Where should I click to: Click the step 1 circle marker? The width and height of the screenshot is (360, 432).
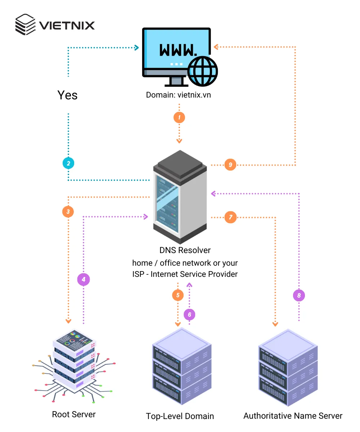[179, 117]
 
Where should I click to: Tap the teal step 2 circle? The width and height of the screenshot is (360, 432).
[68, 163]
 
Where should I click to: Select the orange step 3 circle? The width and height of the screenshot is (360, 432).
[68, 211]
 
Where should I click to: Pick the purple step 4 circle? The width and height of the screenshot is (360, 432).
[84, 279]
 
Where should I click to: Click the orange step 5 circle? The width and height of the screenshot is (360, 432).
[178, 296]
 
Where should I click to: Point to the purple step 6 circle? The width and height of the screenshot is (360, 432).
[189, 314]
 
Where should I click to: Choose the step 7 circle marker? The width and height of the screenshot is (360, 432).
[230, 217]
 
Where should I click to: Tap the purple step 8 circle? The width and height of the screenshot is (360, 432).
[299, 296]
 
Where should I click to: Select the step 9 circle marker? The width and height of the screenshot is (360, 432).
[230, 165]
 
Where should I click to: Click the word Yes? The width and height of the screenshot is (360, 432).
[68, 95]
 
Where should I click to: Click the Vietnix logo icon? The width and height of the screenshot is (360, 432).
[25, 25]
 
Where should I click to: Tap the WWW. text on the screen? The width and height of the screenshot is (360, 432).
[178, 50]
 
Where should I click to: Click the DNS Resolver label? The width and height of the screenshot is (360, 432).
[185, 250]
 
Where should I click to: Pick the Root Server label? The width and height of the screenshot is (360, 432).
[74, 414]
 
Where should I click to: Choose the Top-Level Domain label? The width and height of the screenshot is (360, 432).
[180, 416]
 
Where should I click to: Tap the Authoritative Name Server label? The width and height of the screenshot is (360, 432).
[293, 416]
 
